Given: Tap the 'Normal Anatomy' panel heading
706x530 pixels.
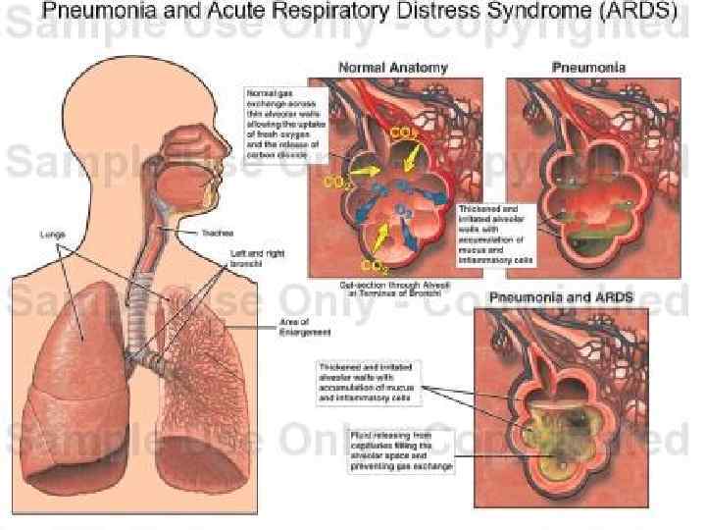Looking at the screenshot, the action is (x=392, y=68).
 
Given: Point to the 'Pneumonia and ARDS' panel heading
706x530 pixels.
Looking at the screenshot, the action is (x=561, y=295).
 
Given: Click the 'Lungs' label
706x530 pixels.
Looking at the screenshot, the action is (x=51, y=235).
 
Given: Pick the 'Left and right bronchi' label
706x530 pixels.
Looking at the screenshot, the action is (x=257, y=258).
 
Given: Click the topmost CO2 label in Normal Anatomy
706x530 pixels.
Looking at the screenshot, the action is (x=403, y=132).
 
